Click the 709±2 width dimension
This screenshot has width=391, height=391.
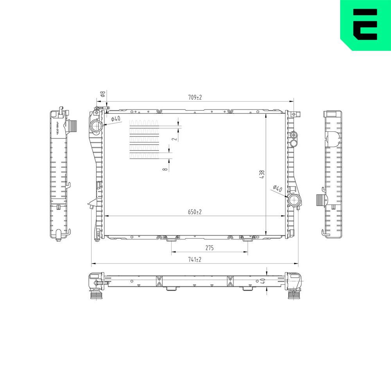pyautogui.click(x=195, y=97)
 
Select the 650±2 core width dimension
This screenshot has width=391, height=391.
pyautogui.click(x=195, y=212)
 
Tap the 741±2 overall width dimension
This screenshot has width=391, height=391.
pyautogui.click(x=195, y=260)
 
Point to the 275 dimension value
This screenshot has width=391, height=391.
pyautogui.click(x=209, y=248)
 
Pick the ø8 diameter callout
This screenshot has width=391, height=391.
pyautogui.click(x=102, y=94)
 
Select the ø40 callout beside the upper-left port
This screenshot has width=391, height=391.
pyautogui.click(x=115, y=119)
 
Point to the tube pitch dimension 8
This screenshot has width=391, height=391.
pyautogui.click(x=166, y=169)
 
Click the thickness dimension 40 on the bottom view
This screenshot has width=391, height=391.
pyautogui.click(x=263, y=281)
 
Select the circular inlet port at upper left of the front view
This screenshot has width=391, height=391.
pyautogui.click(x=95, y=126)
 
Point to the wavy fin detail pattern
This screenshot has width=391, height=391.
pyautogui.click(x=144, y=139)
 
